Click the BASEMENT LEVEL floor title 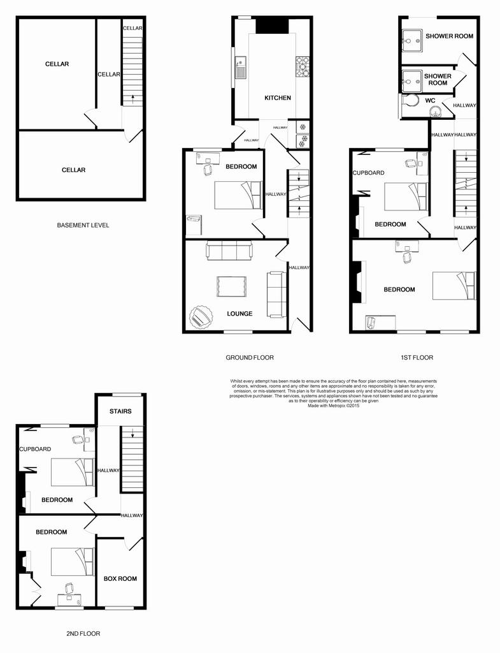pyautogui.click(x=83, y=225)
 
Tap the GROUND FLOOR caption pyautogui.click(x=250, y=357)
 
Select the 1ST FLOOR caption pyautogui.click(x=417, y=357)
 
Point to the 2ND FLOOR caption pyautogui.click(x=83, y=633)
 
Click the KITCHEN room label pyautogui.click(x=278, y=98)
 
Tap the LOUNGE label pyautogui.click(x=239, y=314)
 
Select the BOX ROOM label pyautogui.click(x=120, y=578)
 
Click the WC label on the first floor pyautogui.click(x=430, y=101)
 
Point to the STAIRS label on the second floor pyautogui.click(x=120, y=411)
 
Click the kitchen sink pyautogui.click(x=241, y=68)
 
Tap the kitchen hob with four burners pyautogui.click(x=303, y=67)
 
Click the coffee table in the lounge pyautogui.click(x=231, y=286)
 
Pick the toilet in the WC pyautogui.click(x=410, y=100)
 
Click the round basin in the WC pyautogui.click(x=436, y=112)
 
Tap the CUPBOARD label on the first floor pyautogui.click(x=369, y=173)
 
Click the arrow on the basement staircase pyautogui.click(x=132, y=99)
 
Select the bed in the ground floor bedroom pyautogui.click(x=238, y=195)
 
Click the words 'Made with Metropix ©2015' pyautogui.click(x=333, y=405)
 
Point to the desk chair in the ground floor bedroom pyautogui.click(x=207, y=169)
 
